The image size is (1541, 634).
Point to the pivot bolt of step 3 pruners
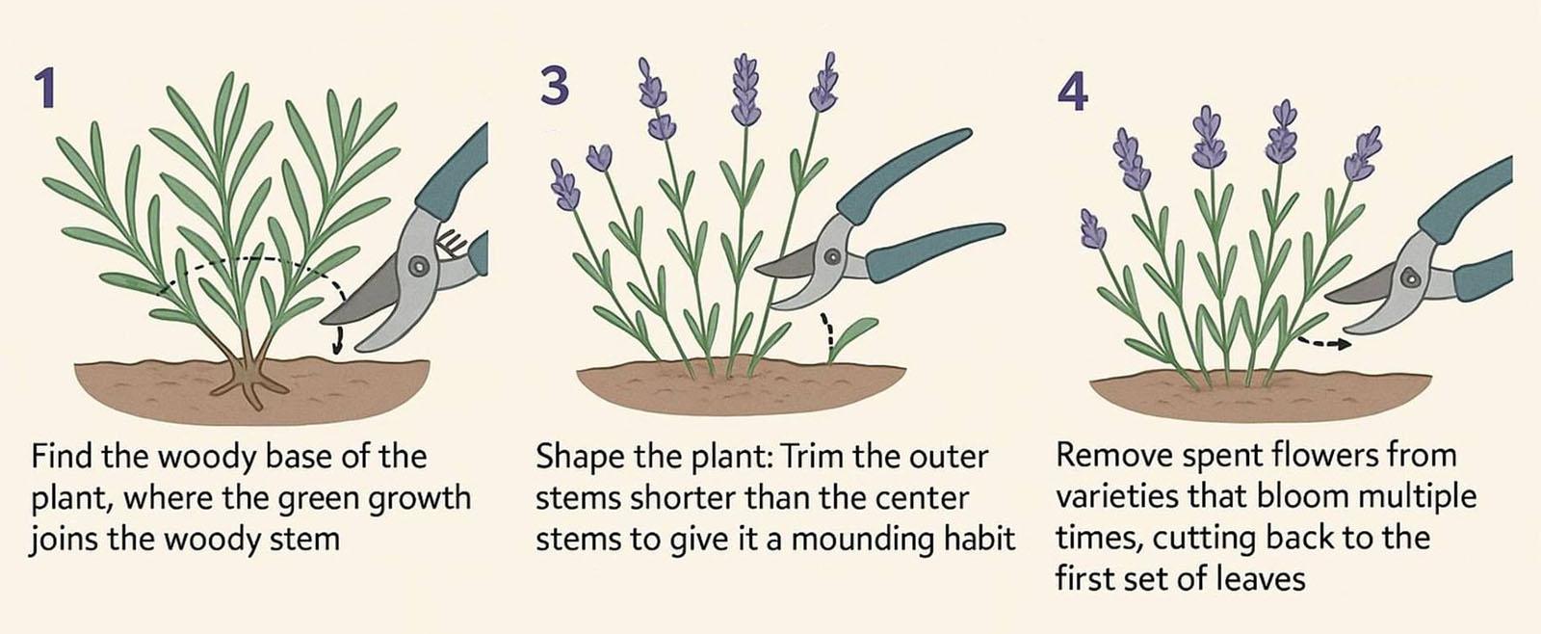tap(832, 257)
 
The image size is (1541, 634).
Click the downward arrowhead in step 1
tap(336, 348)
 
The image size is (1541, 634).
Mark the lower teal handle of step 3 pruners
tap(935, 251)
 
